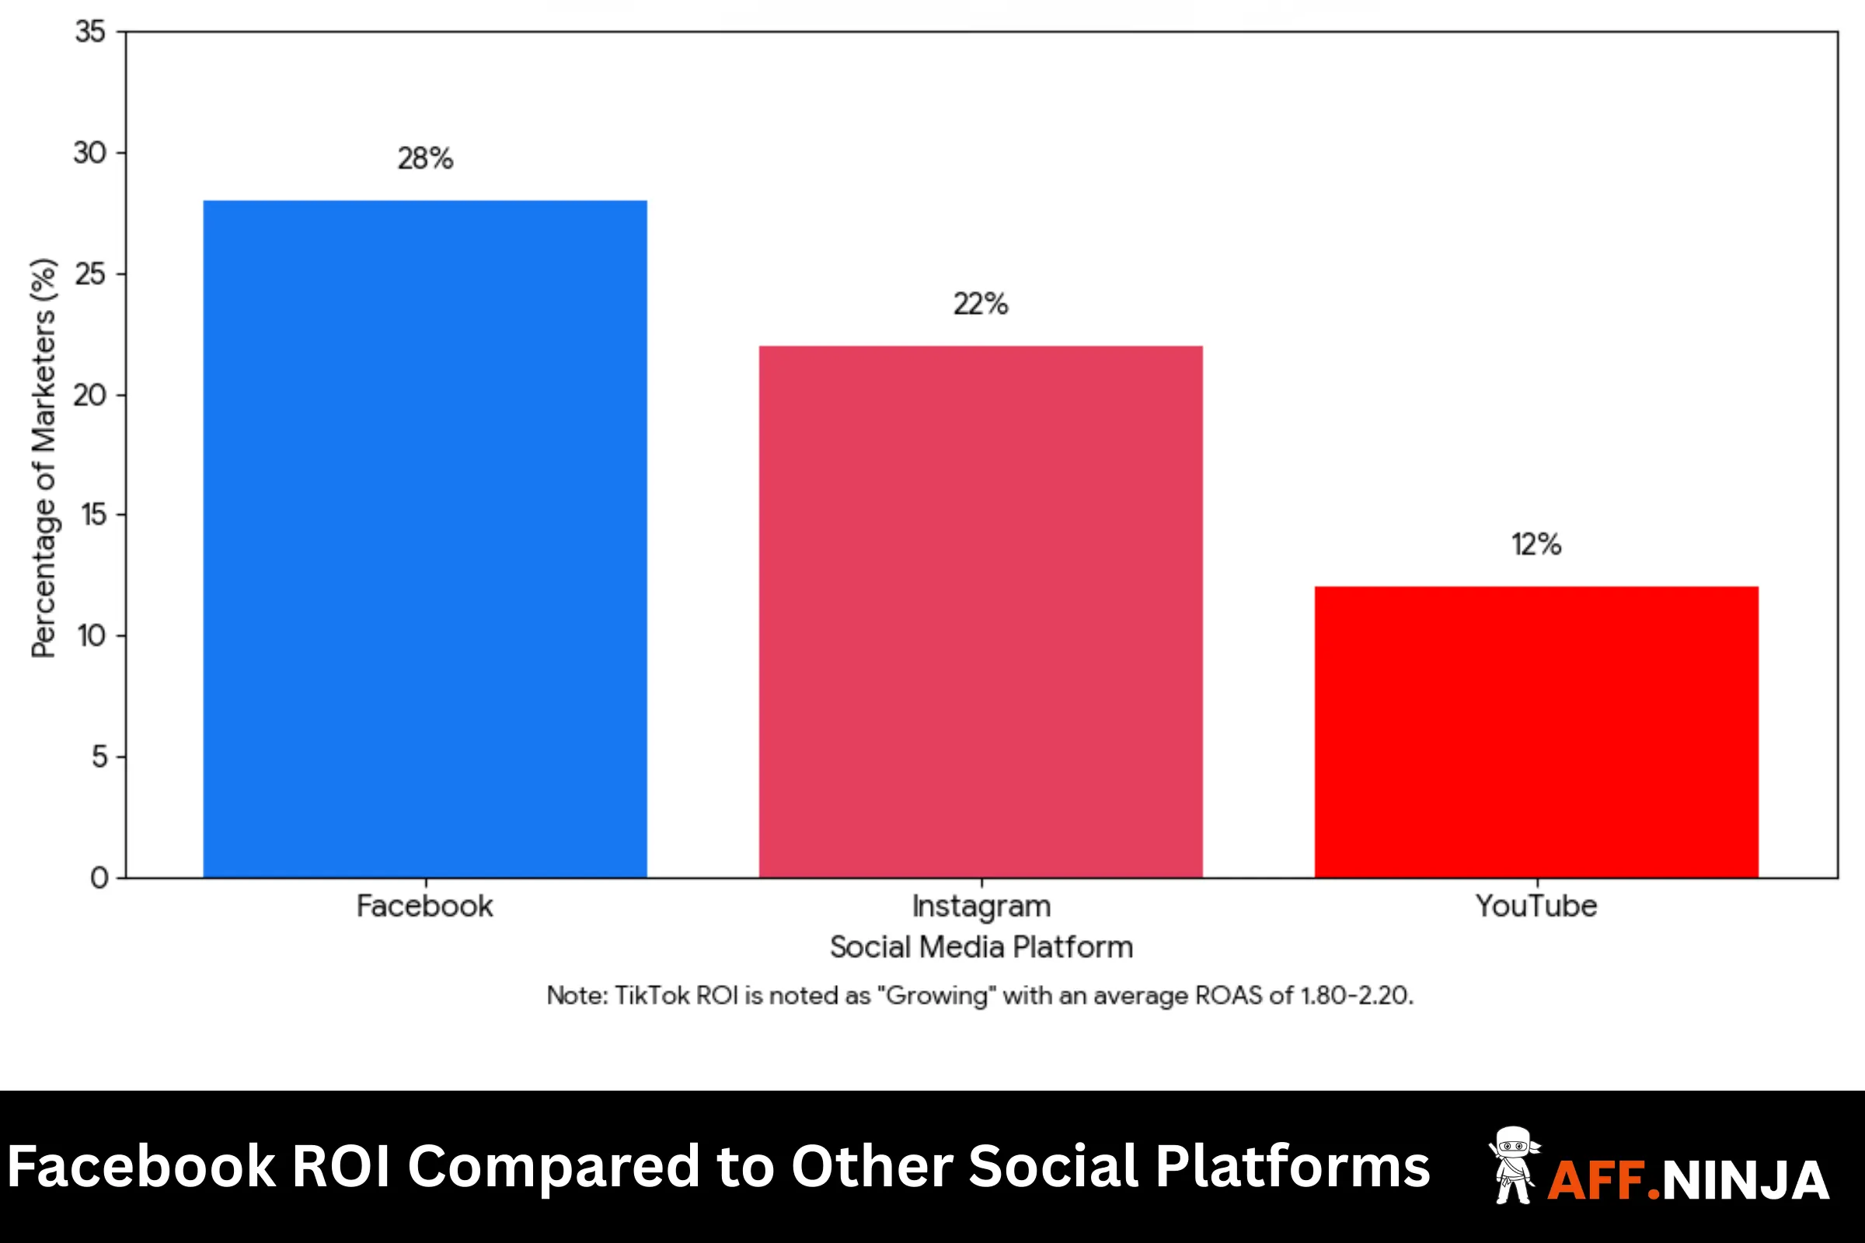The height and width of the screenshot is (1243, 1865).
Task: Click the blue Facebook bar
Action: coord(425,539)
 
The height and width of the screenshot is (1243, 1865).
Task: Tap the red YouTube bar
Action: coord(1537,733)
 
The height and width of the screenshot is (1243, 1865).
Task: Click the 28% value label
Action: coord(425,158)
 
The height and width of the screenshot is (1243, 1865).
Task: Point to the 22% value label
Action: coord(981,304)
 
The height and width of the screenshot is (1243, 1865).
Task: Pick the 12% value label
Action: coord(1536,545)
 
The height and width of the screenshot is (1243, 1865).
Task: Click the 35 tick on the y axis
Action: coord(90,32)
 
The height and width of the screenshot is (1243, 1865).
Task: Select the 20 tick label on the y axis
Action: coord(89,395)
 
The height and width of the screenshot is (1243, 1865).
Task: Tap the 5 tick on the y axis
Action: coord(99,756)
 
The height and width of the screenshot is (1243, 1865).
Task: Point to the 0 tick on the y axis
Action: coord(99,878)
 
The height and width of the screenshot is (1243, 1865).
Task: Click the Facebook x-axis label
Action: coord(424,906)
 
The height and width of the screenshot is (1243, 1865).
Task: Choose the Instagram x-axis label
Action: coord(981,906)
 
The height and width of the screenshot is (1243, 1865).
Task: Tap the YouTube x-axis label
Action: coord(1536,906)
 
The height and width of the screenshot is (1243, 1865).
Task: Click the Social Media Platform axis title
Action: coord(981,947)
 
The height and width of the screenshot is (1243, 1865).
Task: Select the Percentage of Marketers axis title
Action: coord(44,458)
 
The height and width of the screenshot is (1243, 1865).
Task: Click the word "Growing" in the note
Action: coord(936,996)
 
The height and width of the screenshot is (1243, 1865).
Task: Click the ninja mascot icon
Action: coord(1514,1165)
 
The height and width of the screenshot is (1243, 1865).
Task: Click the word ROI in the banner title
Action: coord(341,1167)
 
